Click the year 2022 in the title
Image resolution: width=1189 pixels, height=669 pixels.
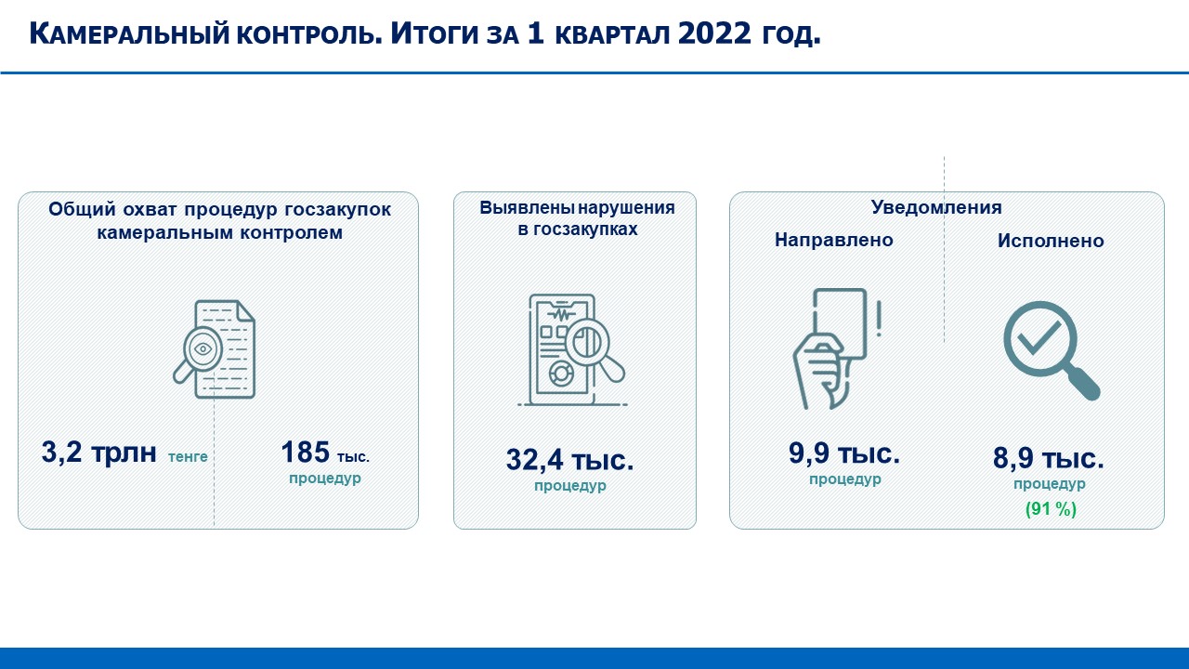pos(714,33)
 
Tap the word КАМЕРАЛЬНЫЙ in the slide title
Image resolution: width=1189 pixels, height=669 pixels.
pos(129,34)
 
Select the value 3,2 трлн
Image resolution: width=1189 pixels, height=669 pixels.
pos(98,453)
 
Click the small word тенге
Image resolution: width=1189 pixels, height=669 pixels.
pos(188,456)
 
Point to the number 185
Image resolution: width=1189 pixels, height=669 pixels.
pos(305,452)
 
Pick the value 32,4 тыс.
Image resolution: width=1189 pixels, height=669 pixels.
pos(570,459)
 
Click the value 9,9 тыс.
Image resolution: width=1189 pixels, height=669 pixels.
pos(844,453)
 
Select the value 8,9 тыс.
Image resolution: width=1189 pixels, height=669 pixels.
pos(1049,458)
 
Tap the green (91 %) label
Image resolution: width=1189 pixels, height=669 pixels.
pos(1051,509)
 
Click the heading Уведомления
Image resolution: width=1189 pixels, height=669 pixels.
pos(936,207)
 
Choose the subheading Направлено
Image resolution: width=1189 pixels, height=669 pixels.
pos(834,240)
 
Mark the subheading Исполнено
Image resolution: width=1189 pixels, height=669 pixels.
pos(1051,241)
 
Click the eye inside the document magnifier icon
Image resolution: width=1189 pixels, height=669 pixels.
pos(203,348)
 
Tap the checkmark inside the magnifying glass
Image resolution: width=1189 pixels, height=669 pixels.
pos(1039,337)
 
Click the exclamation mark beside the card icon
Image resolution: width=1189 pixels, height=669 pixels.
pos(879,318)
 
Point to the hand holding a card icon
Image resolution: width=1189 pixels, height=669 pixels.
pos(830,348)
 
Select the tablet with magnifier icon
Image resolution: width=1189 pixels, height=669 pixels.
pos(572,350)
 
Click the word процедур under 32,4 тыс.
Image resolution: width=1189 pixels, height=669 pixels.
pos(570,486)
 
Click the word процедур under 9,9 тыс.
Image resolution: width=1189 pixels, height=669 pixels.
pos(845,479)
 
